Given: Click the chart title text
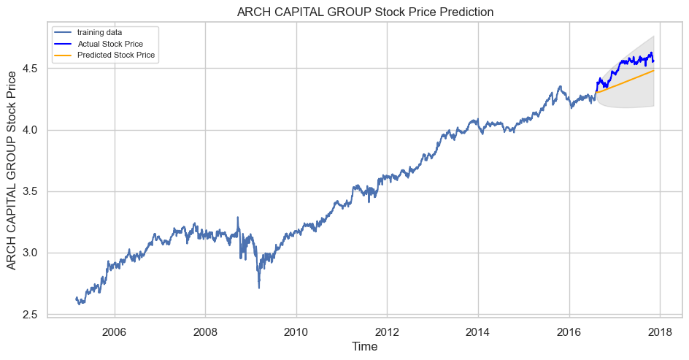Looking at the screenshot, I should coord(365,12).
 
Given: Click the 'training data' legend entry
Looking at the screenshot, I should coord(101,33).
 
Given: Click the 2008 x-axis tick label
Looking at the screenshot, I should coord(205,332).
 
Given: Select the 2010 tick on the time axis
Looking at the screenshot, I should coord(296,332).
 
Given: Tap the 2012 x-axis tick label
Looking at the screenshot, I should coord(387,332).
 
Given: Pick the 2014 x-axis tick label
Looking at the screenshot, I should coord(477,332).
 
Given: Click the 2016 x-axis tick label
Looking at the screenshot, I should coord(569,332).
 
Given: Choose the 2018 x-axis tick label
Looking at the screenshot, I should coord(659,332).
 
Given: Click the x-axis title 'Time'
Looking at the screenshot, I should coord(364,347).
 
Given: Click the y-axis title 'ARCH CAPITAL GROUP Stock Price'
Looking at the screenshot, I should coord(12,171).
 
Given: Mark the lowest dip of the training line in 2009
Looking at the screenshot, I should coord(258,287).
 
